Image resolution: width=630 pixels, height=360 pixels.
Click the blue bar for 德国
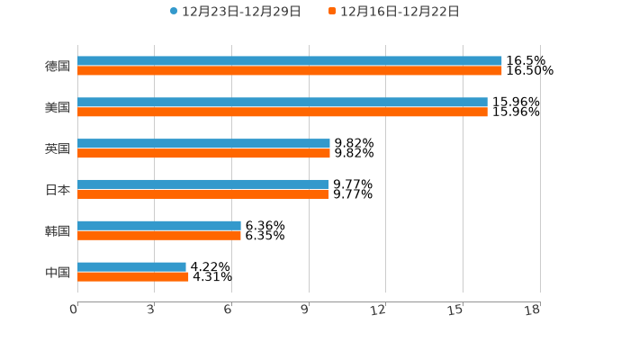coord(290,61)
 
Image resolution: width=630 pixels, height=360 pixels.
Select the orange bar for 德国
coord(290,71)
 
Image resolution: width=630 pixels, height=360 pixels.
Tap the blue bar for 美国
coord(283,103)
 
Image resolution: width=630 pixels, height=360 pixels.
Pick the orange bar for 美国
coord(283,112)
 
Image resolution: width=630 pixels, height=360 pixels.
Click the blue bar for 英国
coord(203,144)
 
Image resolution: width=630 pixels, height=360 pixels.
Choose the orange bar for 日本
coord(202,194)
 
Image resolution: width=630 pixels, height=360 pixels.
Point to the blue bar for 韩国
coord(159,226)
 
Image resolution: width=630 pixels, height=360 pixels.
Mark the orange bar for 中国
coord(133,277)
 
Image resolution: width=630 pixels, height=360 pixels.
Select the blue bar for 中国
coord(131,267)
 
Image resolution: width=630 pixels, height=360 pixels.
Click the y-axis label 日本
coord(58,190)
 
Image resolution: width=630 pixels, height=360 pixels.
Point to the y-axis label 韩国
coord(58,231)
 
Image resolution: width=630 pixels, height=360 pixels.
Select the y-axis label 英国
coord(58,149)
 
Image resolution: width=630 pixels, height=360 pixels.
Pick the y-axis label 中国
coord(58,273)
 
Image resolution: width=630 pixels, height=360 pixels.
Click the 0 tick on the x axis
coord(74,310)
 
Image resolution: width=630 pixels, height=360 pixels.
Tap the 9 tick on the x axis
coord(305,310)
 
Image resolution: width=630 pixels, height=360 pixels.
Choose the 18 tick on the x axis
coord(533,310)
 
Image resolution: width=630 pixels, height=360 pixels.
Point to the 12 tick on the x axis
coord(379,310)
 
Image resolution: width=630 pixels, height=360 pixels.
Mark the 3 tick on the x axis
coord(151,310)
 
